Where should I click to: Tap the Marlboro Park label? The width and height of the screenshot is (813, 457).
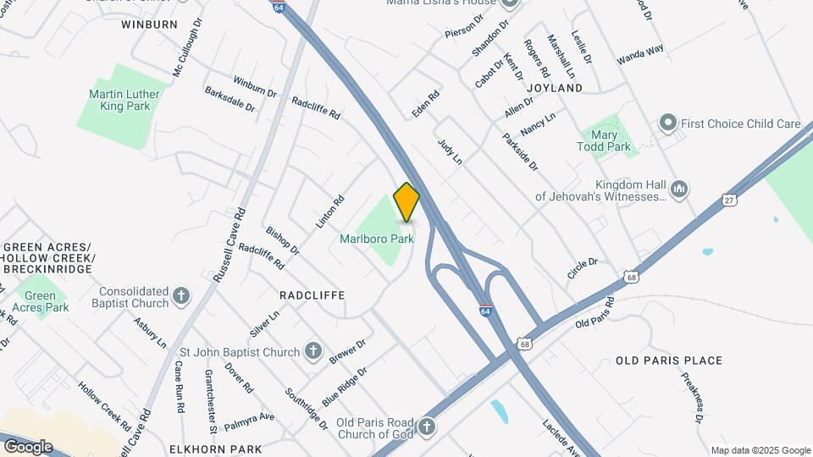pyautogui.click(x=377, y=240)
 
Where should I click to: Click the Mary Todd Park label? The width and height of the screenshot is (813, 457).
pyautogui.click(x=606, y=140)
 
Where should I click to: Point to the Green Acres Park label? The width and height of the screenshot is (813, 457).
pyautogui.click(x=47, y=301)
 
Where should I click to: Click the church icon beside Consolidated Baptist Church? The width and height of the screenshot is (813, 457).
pyautogui.click(x=180, y=295)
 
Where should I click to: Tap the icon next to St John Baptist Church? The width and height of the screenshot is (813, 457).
pyautogui.click(x=313, y=350)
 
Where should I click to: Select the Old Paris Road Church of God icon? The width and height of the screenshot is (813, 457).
pyautogui.click(x=427, y=426)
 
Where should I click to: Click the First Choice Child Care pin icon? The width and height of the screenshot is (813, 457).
pyautogui.click(x=667, y=124)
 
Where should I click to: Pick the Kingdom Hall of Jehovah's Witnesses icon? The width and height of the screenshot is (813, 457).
pyautogui.click(x=678, y=187)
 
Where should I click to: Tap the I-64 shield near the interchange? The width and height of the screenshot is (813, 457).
pyautogui.click(x=485, y=311)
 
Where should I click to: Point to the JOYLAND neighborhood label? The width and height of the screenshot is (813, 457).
pyautogui.click(x=555, y=88)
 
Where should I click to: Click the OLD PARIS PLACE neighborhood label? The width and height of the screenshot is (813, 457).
pyautogui.click(x=669, y=361)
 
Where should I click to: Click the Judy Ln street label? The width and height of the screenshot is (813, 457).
pyautogui.click(x=450, y=152)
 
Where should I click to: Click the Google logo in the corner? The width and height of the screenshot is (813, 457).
pyautogui.click(x=28, y=446)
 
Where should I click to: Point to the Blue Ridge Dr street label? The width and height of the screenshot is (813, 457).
pyautogui.click(x=345, y=386)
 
